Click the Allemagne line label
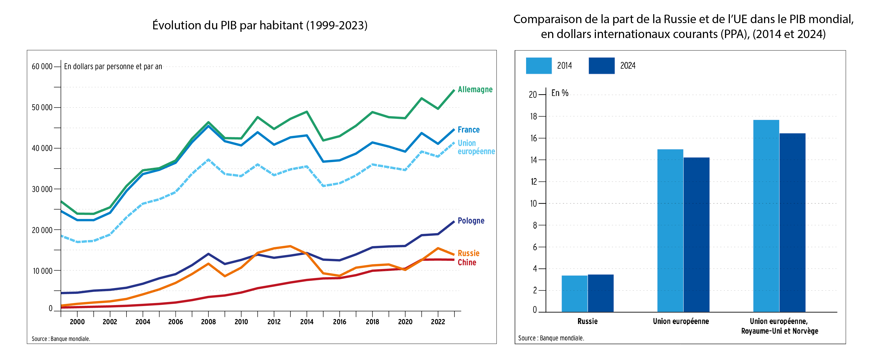point(475,90)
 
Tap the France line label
point(468,130)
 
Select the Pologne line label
point(471,221)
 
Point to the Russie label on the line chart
point(468,253)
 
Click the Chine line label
point(467,263)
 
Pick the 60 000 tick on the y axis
point(42,67)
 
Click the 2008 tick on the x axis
point(208,322)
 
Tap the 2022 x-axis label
point(438,322)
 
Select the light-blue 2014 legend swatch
point(539,66)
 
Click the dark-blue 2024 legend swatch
point(602,66)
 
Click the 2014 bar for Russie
point(575,293)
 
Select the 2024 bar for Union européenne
point(696,234)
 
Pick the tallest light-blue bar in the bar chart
point(766,216)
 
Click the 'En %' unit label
point(560,93)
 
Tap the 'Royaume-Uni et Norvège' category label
point(780,331)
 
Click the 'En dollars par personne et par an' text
point(113,67)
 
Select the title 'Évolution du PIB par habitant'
point(260,25)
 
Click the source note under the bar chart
point(551,338)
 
